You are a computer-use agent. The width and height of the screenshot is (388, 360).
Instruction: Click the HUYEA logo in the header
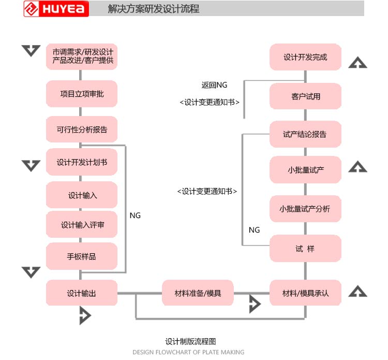(56, 9)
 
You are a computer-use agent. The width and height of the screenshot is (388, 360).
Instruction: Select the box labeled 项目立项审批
(82, 94)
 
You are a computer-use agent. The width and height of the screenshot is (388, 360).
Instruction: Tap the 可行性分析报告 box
(82, 130)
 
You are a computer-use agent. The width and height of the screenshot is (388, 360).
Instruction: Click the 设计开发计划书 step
(82, 163)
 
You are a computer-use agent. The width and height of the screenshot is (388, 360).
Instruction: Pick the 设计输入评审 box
(82, 225)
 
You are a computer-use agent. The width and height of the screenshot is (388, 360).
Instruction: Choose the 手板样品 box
(82, 256)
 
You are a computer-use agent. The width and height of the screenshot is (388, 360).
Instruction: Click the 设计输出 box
(82, 293)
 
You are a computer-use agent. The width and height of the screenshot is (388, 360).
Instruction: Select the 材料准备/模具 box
(198, 293)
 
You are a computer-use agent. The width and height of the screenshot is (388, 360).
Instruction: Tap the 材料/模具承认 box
(305, 293)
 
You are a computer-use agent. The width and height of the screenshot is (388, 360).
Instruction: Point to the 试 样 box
(305, 249)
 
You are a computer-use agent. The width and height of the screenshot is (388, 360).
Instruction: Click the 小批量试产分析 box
(305, 209)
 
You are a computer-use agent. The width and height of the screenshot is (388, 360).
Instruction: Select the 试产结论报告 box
(305, 135)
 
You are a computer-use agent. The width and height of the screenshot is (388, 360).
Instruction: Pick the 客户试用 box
(305, 96)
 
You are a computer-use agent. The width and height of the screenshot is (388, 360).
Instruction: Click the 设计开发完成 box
(305, 57)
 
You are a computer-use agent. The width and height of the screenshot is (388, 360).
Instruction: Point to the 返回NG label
(214, 85)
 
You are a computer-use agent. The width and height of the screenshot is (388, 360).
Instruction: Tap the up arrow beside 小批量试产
(357, 167)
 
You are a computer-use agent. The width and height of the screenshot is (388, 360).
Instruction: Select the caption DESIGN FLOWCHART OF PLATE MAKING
(188, 352)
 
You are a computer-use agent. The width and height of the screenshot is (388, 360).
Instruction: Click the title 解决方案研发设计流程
(154, 9)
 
